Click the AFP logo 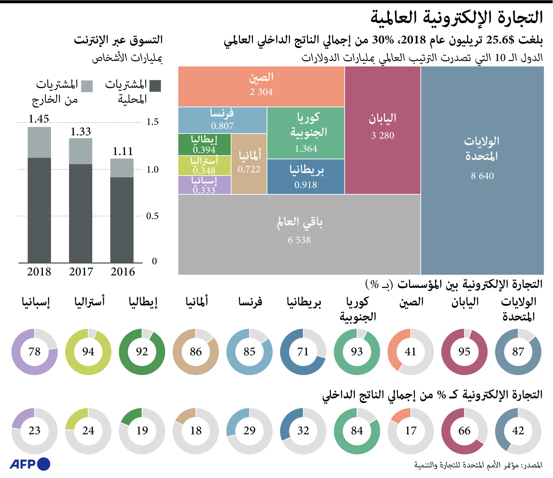pyautogui.click(x=30, y=464)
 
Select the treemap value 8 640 pyautogui.click(x=482, y=176)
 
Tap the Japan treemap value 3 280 pyautogui.click(x=383, y=135)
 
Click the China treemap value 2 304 pyautogui.click(x=261, y=92)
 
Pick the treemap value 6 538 pyautogui.click(x=299, y=240)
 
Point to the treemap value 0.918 pyautogui.click(x=306, y=185)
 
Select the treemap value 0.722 pyautogui.click(x=249, y=169)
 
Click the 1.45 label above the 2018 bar pyautogui.click(x=39, y=119)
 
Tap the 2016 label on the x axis pyautogui.click(x=123, y=271)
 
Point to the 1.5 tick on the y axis pyautogui.click(x=152, y=122)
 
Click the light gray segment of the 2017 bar pyautogui.click(x=80, y=151)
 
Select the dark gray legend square pyautogui.click(x=155, y=86)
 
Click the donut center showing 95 pyautogui.click(x=464, y=352)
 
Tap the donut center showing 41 pyautogui.click(x=410, y=352)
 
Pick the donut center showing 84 pyautogui.click(x=357, y=431)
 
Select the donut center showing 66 pyautogui.click(x=464, y=431)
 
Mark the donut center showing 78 pyautogui.click(x=34, y=352)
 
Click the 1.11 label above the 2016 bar pyautogui.click(x=123, y=151)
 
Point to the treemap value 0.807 pyautogui.click(x=222, y=126)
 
